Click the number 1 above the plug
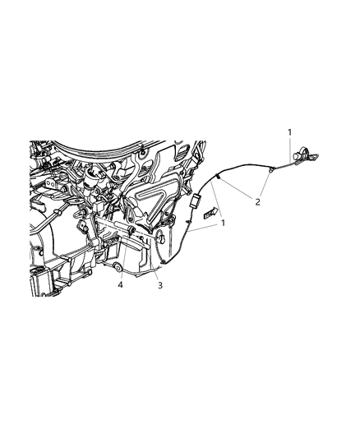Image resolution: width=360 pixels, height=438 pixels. point(288,132)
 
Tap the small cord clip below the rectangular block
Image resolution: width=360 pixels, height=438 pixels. point(188,219)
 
